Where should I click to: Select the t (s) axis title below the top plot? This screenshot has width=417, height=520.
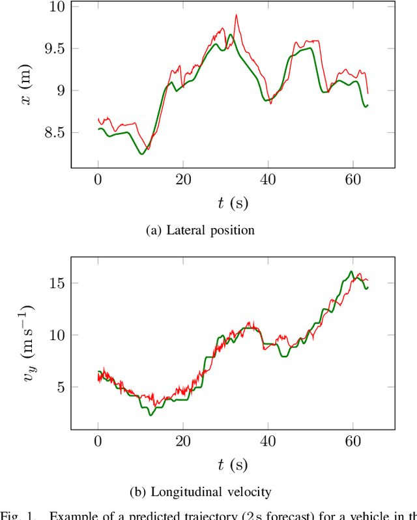(x=232, y=203)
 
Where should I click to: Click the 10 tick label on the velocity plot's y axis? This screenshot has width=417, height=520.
(x=56, y=336)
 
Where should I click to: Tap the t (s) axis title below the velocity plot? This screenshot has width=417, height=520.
(x=232, y=465)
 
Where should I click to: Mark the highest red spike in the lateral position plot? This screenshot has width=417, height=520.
(x=236, y=15)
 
